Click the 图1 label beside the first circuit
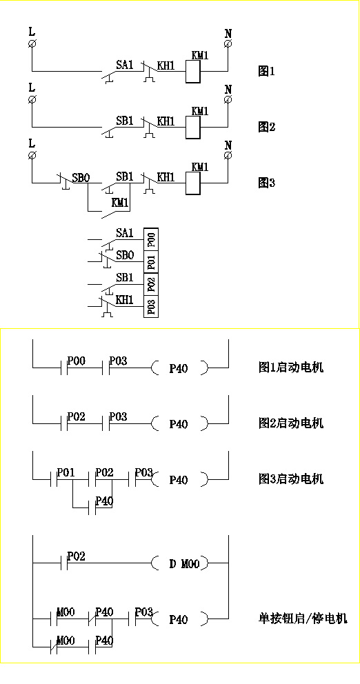point(266,71)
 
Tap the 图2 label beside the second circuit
point(266,127)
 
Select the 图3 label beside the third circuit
point(266,183)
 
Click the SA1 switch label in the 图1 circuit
point(124,65)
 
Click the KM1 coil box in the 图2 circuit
point(193,128)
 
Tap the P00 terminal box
point(151,239)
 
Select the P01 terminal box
point(151,262)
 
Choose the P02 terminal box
point(151,284)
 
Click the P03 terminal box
point(151,306)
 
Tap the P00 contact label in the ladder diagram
point(77,361)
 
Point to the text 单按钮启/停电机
point(303,618)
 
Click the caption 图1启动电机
point(290,368)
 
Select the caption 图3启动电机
point(290,479)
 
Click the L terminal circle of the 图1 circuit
point(32,43)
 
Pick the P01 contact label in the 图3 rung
point(66,473)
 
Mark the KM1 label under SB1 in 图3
point(120,202)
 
